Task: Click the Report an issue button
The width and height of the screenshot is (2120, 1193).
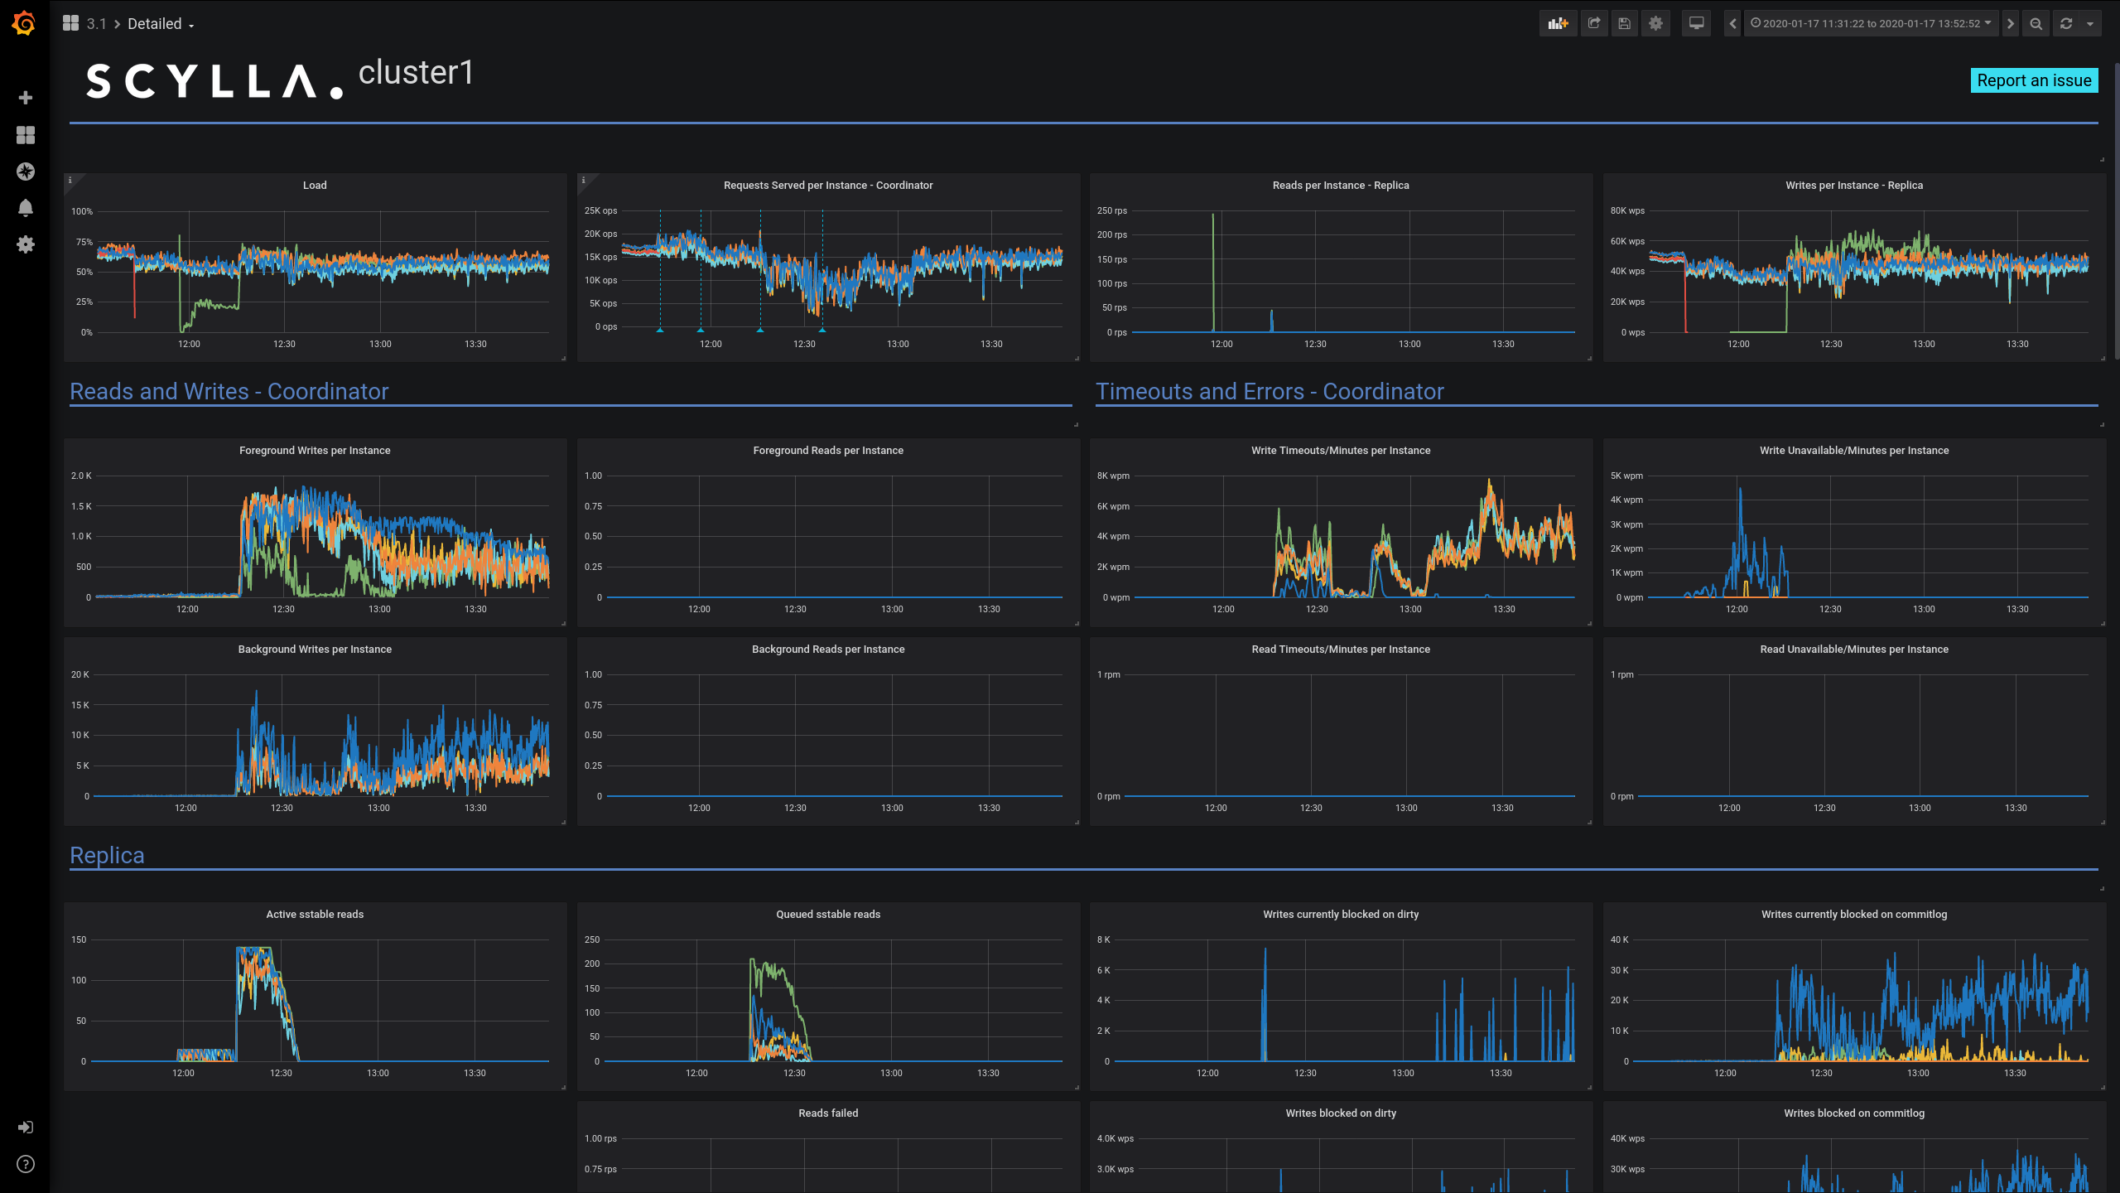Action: pyautogui.click(x=2033, y=80)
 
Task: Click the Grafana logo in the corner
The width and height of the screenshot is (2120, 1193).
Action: pyautogui.click(x=24, y=23)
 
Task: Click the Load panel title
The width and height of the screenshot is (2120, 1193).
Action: pyautogui.click(x=315, y=186)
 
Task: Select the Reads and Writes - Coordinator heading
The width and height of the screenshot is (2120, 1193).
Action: pyautogui.click(x=229, y=391)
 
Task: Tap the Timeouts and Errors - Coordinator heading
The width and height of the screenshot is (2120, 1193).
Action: pyautogui.click(x=1269, y=391)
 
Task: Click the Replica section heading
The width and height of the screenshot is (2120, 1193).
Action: pyautogui.click(x=107, y=855)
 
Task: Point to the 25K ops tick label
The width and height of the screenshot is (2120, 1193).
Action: pyautogui.click(x=600, y=210)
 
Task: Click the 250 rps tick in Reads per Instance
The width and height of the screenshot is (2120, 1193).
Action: pyautogui.click(x=1111, y=210)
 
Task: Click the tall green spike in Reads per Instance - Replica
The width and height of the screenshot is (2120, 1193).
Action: pyautogui.click(x=1213, y=249)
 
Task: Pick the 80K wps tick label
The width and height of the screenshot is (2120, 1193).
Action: pyautogui.click(x=1626, y=210)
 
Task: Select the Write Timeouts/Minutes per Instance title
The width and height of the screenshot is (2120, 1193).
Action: pyautogui.click(x=1340, y=451)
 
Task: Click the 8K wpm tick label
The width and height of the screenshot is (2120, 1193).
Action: pyautogui.click(x=1112, y=476)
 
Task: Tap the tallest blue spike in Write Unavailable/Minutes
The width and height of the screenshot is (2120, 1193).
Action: pyautogui.click(x=1740, y=497)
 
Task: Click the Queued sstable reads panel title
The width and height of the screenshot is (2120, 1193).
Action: pyautogui.click(x=827, y=915)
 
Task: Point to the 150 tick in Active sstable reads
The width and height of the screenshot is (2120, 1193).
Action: pyautogui.click(x=79, y=939)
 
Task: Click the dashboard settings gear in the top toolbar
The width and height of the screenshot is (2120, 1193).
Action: pyautogui.click(x=1655, y=23)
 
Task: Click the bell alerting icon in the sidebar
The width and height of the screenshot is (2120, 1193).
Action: pyautogui.click(x=26, y=208)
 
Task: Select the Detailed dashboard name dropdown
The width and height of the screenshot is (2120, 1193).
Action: pyautogui.click(x=160, y=24)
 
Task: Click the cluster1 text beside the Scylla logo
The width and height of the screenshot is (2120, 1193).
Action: pyautogui.click(x=416, y=73)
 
